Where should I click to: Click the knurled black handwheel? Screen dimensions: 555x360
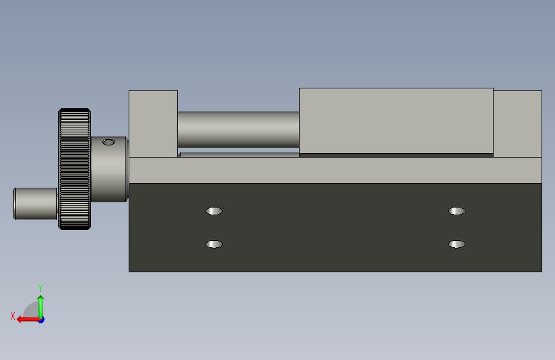[75, 169]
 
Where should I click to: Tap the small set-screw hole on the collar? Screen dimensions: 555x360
[109, 142]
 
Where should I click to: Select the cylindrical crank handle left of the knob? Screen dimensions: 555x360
[35, 204]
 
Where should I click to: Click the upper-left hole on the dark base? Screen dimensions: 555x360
[214, 211]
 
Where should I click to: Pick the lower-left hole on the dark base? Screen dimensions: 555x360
[214, 244]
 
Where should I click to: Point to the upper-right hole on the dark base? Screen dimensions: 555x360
[456, 211]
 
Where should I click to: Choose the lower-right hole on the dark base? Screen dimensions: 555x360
[456, 244]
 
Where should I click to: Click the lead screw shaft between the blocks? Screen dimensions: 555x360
[238, 129]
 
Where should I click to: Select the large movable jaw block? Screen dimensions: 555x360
[396, 121]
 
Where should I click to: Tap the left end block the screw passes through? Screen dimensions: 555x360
[153, 124]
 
